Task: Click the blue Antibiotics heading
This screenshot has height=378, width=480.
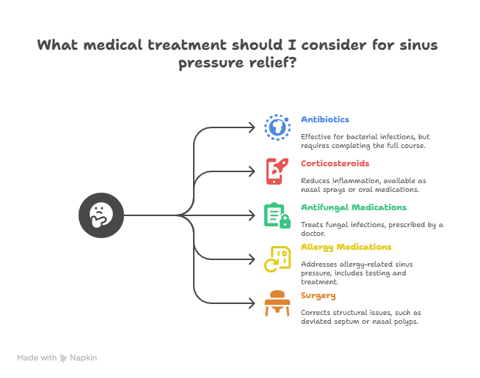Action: [x=324, y=119]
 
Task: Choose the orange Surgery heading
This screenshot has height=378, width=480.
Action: [x=319, y=295]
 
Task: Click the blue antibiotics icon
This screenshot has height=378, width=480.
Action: [x=277, y=127]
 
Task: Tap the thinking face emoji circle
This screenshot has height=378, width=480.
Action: [x=101, y=215]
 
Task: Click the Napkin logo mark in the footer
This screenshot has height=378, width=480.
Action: [x=64, y=358]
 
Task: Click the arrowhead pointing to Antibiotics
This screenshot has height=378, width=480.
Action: [x=256, y=127]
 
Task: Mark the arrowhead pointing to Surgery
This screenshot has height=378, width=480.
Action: [x=256, y=303]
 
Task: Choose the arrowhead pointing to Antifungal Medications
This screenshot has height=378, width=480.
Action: [x=256, y=215]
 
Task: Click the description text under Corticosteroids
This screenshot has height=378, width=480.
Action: [x=360, y=185]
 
